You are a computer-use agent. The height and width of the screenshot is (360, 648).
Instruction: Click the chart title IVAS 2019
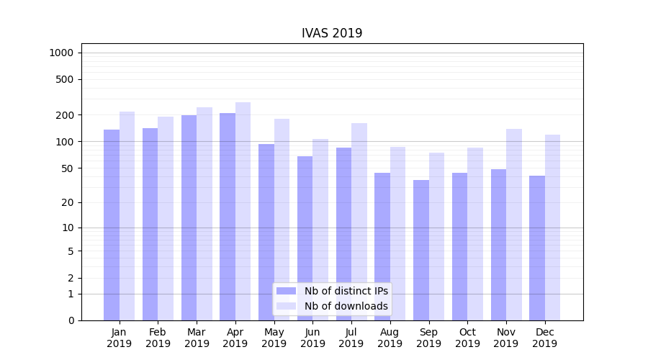click(x=331, y=33)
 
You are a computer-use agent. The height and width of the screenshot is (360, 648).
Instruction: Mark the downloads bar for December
click(x=552, y=228)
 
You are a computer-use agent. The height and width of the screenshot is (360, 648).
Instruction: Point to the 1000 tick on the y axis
click(x=61, y=53)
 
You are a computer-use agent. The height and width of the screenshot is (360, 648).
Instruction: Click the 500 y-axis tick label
click(x=66, y=79)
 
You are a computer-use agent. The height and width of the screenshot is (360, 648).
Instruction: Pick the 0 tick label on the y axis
click(x=71, y=320)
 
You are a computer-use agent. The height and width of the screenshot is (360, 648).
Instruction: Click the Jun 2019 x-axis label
click(x=312, y=338)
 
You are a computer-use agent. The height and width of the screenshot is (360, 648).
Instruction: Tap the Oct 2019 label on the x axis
click(x=467, y=338)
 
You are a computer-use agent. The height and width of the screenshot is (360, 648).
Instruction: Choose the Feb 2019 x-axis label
click(x=158, y=338)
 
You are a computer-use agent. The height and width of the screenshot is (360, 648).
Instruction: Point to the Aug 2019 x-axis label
click(x=390, y=338)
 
